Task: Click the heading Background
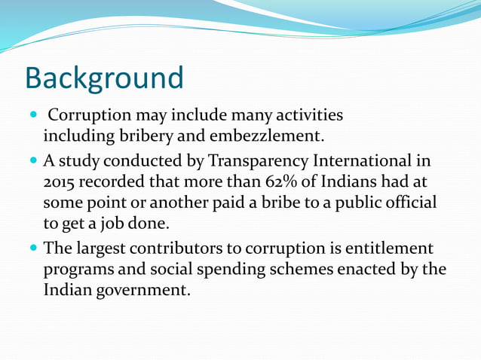(104, 78)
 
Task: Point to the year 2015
(60, 182)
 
